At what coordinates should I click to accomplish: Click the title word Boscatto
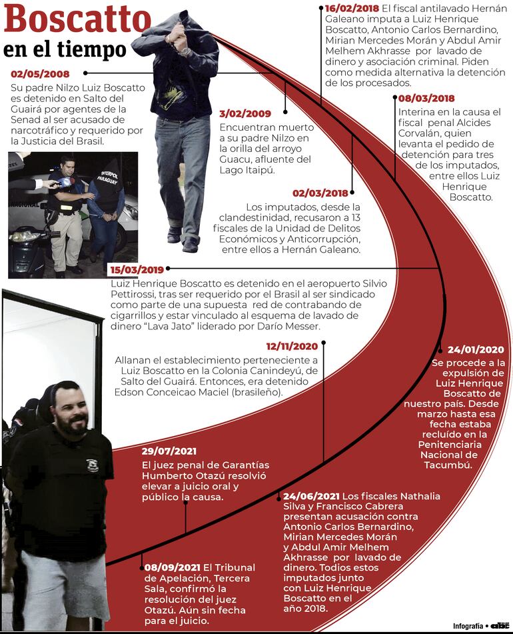[77, 20]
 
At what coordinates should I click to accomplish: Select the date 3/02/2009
[245, 113]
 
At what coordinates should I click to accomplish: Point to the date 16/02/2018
[352, 7]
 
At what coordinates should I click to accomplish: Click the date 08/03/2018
[426, 99]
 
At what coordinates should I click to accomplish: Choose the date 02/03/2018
[320, 193]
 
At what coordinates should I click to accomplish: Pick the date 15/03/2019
[137, 269]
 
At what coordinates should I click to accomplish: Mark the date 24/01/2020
[476, 349]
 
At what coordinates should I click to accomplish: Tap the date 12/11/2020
[292, 346]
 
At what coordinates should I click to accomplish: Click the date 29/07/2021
[169, 451]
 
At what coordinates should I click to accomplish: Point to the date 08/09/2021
[172, 567]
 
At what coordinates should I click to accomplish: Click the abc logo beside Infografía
[500, 625]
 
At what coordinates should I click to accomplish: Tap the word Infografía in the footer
[468, 626]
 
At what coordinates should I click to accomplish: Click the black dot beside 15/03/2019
[169, 269]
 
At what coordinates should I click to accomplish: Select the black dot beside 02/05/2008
[85, 73]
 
